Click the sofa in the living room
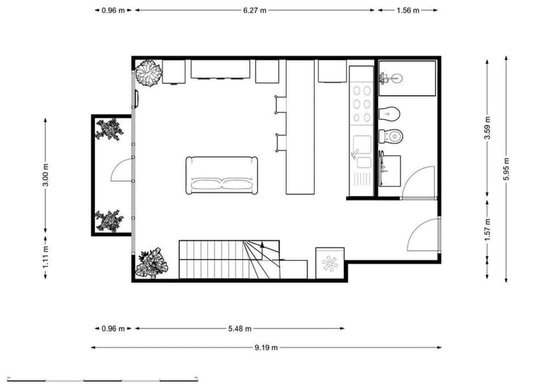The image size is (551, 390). tap(222, 176)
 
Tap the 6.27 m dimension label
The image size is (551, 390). tap(255, 11)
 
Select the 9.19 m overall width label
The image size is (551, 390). tap(265, 347)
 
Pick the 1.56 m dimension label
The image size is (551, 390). tap(407, 11)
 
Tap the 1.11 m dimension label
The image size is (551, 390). tap(45, 257)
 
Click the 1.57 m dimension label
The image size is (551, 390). tap(487, 229)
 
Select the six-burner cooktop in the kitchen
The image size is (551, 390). tap(363, 104)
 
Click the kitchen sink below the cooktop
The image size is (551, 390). tap(363, 148)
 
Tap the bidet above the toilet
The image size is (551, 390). tap(389, 114)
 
